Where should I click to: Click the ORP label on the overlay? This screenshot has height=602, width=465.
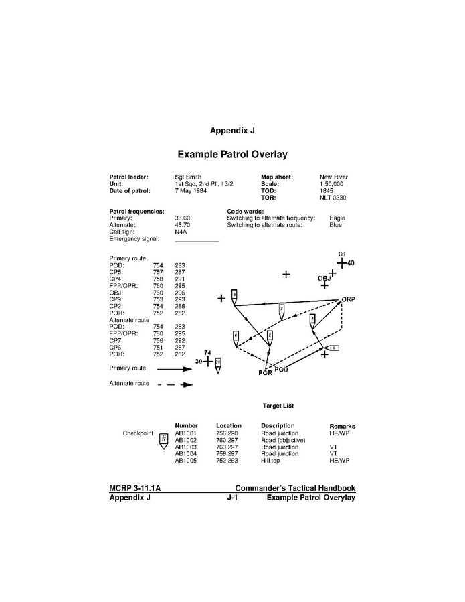tap(347, 299)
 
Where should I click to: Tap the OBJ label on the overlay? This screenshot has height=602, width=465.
tap(324, 277)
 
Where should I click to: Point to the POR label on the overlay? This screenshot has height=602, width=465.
tap(265, 373)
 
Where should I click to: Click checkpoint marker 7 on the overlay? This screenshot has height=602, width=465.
tap(282, 309)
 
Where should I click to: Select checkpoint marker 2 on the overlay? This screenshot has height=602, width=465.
tap(269, 335)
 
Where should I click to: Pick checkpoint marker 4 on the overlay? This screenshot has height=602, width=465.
tap(312, 319)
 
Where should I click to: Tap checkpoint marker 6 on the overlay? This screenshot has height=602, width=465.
tap(236, 335)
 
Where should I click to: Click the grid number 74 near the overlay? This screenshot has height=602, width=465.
tap(207, 352)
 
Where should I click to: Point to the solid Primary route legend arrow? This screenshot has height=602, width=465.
tap(175, 368)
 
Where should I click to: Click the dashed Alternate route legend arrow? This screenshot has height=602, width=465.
tap(175, 384)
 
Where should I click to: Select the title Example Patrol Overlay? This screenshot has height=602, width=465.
tap(232, 155)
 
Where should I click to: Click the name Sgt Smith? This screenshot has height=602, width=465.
tap(189, 177)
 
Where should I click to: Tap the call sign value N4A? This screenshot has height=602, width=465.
tap(181, 232)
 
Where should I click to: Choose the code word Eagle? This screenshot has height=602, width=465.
tap(337, 218)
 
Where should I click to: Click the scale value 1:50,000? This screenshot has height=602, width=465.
tap(331, 183)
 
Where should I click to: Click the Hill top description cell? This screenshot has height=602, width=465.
tap(272, 461)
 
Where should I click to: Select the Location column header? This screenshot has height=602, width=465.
tap(228, 426)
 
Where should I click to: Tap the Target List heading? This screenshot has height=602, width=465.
tap(278, 406)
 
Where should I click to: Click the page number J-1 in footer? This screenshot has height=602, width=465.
tap(233, 498)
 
